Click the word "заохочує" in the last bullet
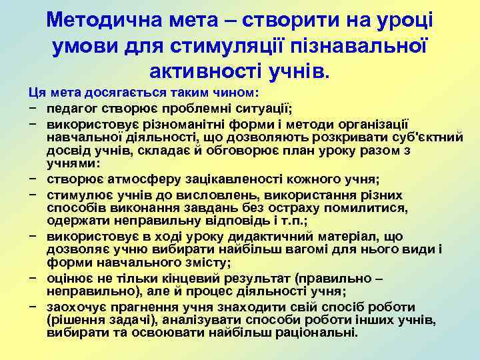pyautogui.click(x=75, y=307)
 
